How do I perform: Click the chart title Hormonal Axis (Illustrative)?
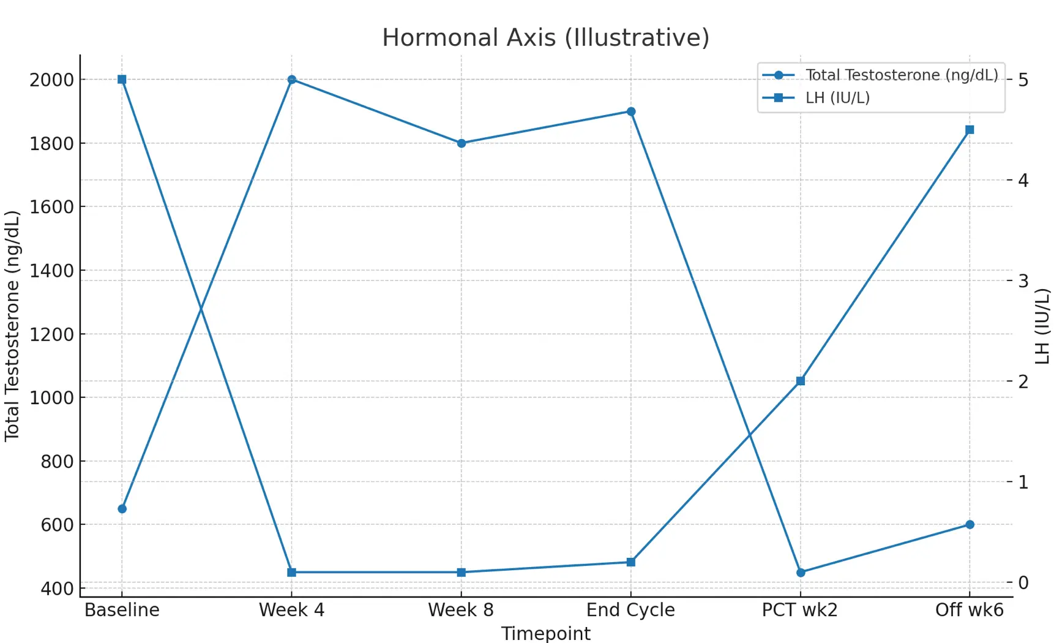(x=545, y=38)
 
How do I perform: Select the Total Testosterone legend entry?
(x=901, y=75)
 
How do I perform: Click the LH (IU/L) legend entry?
(x=837, y=98)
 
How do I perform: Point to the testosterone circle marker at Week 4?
(x=291, y=80)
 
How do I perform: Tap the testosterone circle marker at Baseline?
(x=122, y=509)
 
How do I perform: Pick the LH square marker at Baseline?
(x=122, y=80)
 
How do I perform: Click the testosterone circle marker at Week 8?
(x=462, y=143)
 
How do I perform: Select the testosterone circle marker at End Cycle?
(x=631, y=111)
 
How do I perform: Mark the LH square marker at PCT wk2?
(x=801, y=381)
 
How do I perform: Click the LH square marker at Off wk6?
(x=970, y=130)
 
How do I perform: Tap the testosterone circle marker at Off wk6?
(x=970, y=525)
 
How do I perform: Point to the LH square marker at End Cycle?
(x=631, y=562)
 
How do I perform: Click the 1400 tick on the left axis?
(x=51, y=271)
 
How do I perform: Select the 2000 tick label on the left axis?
(x=51, y=80)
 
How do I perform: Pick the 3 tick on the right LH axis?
(x=1023, y=280)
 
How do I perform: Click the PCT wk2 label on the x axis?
(x=799, y=611)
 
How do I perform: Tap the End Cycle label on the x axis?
(x=630, y=611)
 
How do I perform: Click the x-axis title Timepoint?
(x=545, y=634)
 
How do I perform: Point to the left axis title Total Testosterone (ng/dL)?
(x=12, y=326)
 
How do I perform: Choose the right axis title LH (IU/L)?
(x=1042, y=326)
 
